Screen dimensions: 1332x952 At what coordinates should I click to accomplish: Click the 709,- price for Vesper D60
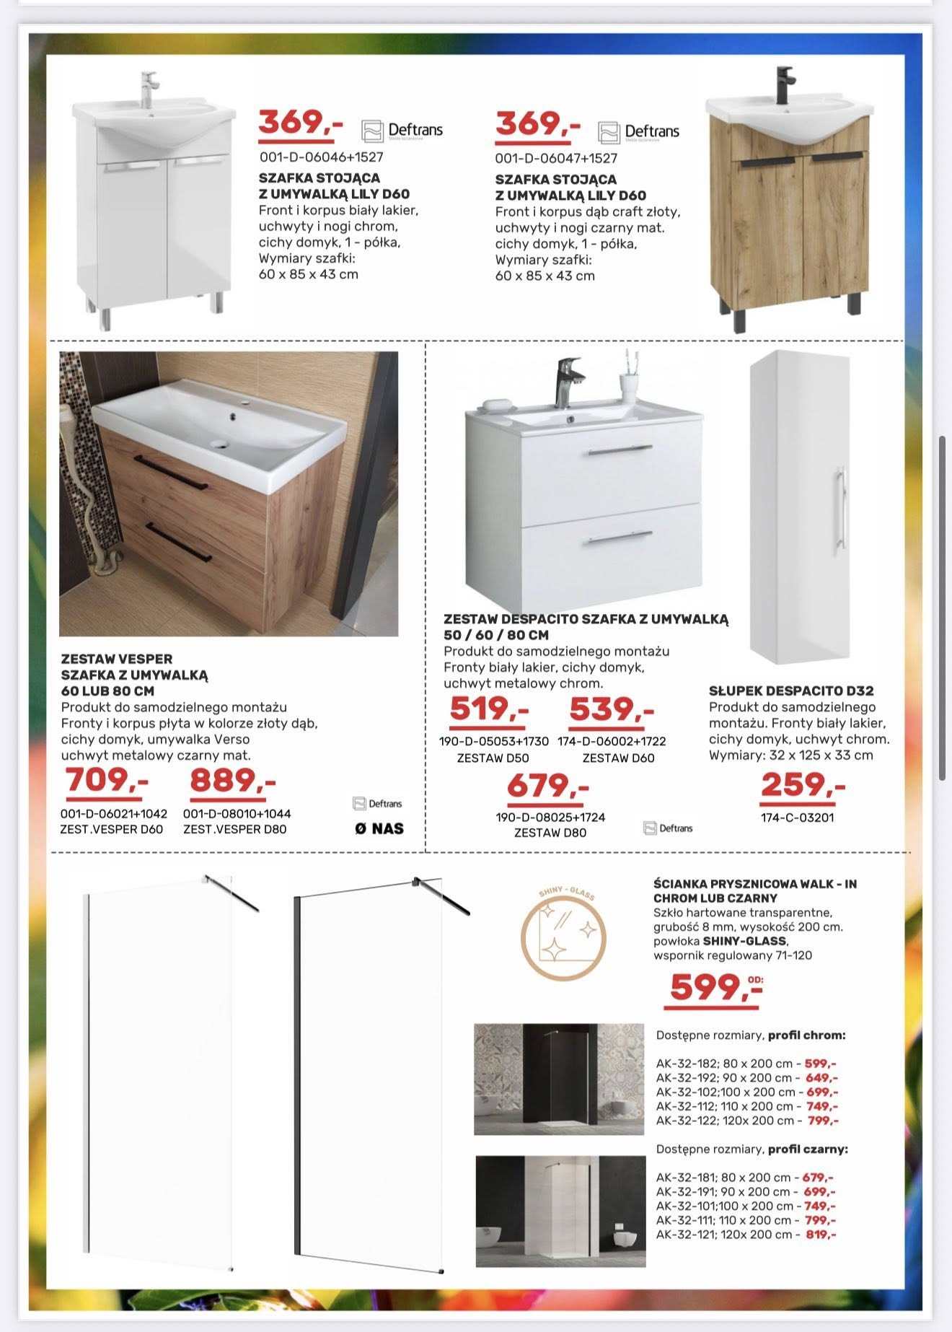pyautogui.click(x=107, y=780)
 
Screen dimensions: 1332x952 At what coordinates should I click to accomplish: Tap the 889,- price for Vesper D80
pyautogui.click(x=232, y=780)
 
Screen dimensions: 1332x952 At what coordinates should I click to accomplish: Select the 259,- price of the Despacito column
pyautogui.click(x=803, y=784)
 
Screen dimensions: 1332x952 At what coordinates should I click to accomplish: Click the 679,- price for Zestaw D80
pyautogui.click(x=547, y=786)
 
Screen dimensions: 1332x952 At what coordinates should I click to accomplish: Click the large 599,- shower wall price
pyautogui.click(x=714, y=986)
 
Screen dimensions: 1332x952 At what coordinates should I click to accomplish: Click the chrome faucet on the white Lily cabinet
pyautogui.click(x=149, y=88)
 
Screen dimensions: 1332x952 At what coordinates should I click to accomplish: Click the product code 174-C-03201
pyautogui.click(x=797, y=818)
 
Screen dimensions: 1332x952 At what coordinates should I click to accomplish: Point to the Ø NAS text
pyautogui.click(x=379, y=828)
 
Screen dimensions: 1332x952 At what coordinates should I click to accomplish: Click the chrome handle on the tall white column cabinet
pyautogui.click(x=839, y=511)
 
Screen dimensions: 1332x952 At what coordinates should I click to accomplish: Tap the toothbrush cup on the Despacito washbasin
pyautogui.click(x=630, y=382)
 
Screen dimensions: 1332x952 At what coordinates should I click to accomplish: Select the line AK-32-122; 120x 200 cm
pyautogui.click(x=746, y=1121)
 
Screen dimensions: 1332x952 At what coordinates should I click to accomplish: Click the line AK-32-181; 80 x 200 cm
pyautogui.click(x=744, y=1177)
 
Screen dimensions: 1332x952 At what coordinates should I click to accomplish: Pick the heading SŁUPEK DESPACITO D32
pyautogui.click(x=790, y=691)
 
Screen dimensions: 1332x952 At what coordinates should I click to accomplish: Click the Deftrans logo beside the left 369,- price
pyautogui.click(x=402, y=131)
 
